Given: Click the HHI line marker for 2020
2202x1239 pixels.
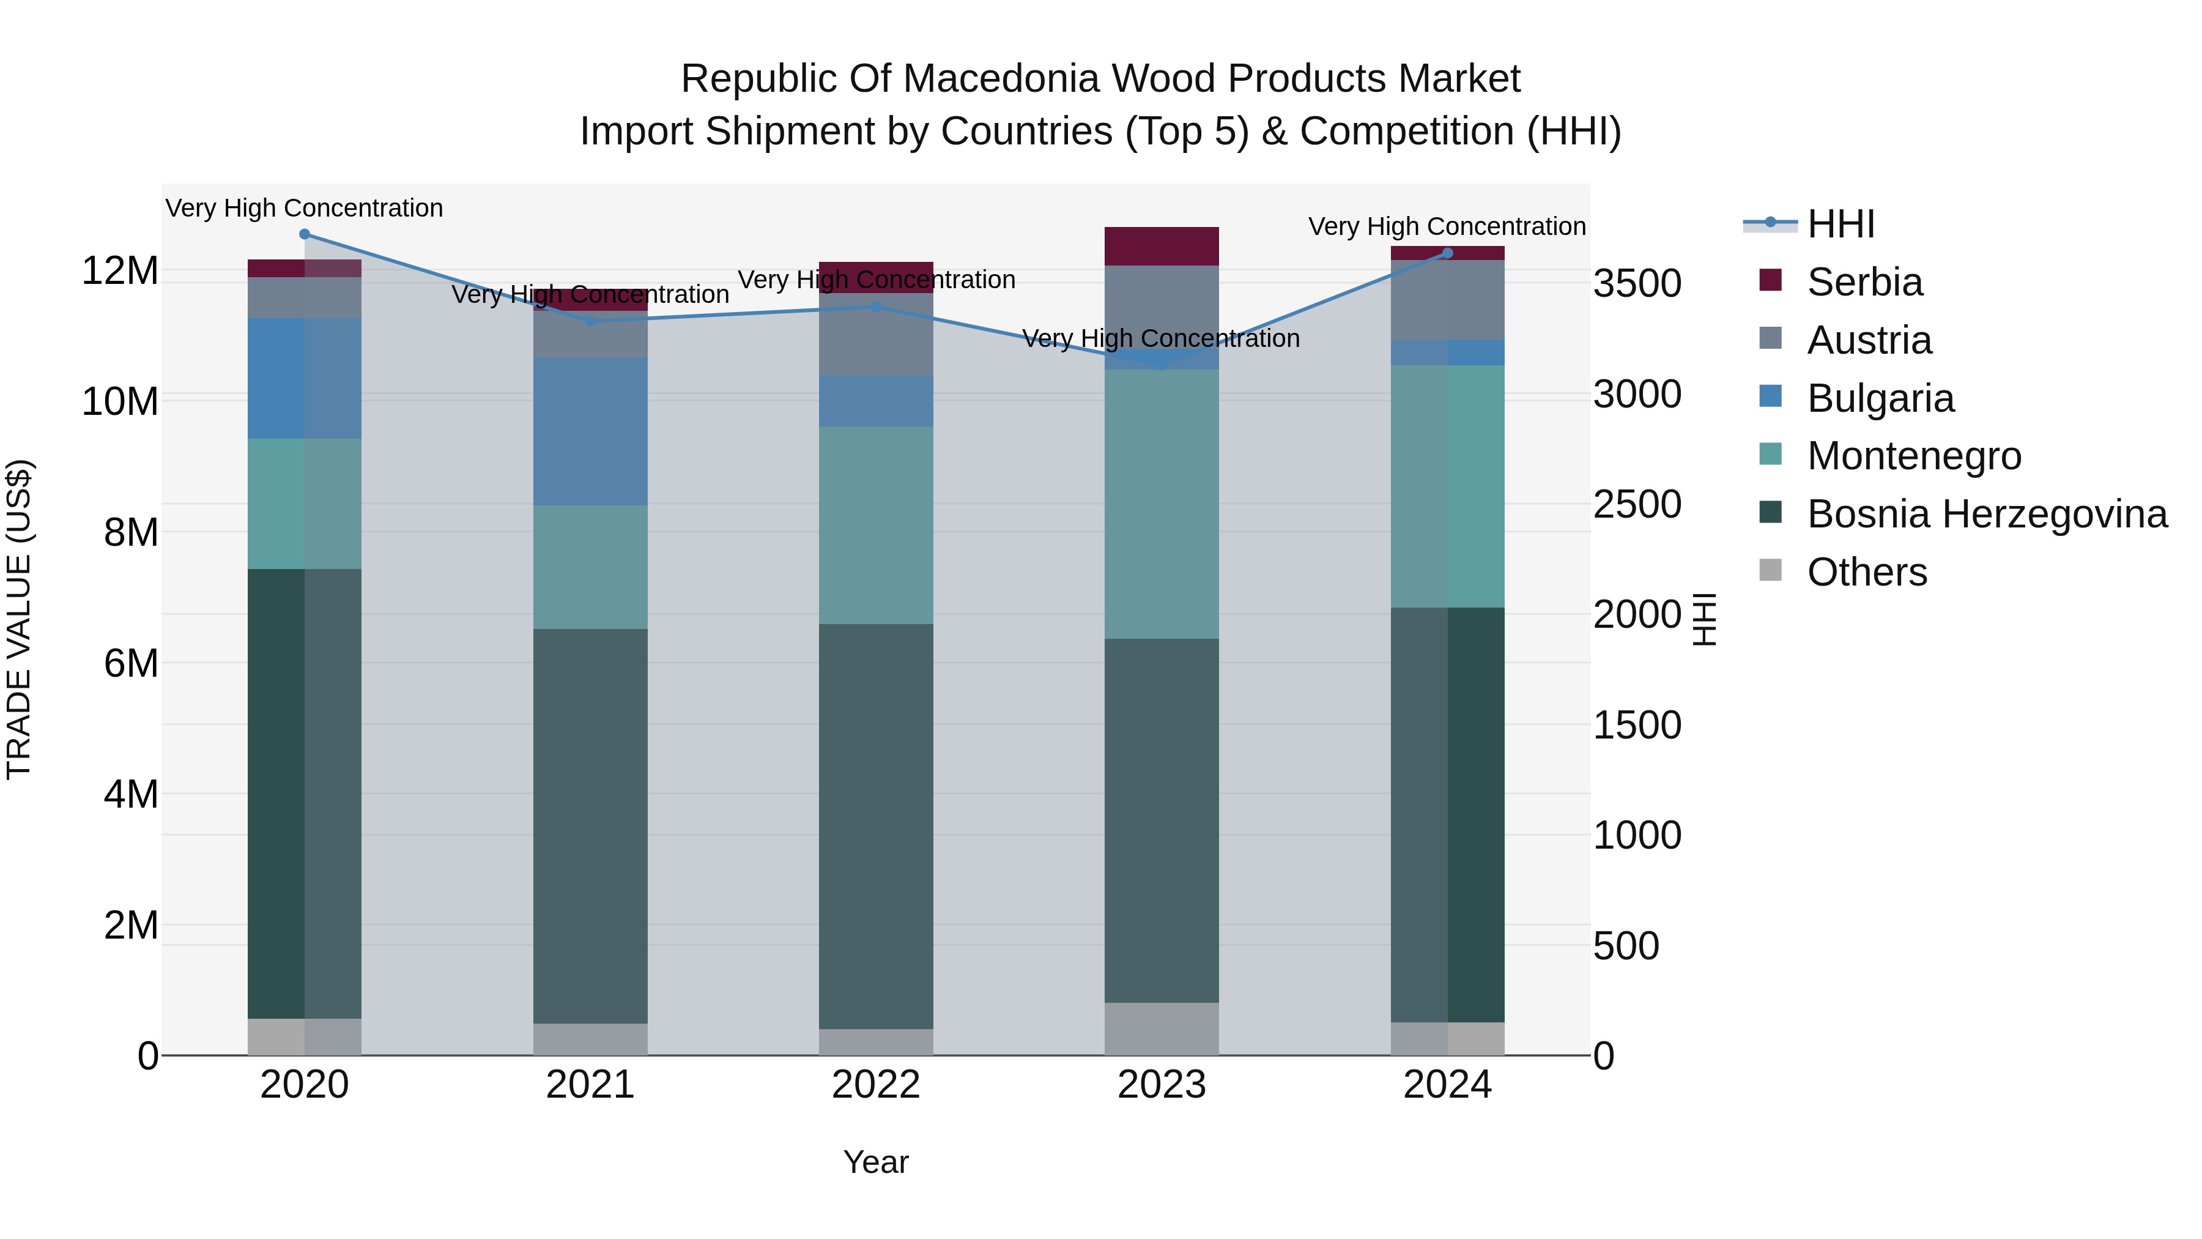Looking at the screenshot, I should (x=305, y=234).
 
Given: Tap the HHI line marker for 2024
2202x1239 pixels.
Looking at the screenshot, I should (x=1447, y=253).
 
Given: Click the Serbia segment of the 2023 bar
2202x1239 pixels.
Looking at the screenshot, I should (x=1162, y=246).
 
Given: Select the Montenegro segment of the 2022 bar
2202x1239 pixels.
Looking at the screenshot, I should (x=876, y=525).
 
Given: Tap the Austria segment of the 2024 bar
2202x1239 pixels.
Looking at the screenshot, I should (x=1447, y=299).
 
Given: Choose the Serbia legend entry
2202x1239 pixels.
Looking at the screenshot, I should (x=1864, y=281).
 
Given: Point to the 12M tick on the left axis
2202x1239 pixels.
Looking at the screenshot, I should (x=120, y=271).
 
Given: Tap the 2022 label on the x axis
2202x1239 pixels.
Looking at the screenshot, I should (x=876, y=1085).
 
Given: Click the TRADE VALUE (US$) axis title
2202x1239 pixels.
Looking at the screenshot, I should (x=19, y=619).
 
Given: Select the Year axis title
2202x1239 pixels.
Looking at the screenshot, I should (x=876, y=1162).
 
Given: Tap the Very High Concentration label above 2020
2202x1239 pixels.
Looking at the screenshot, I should (x=305, y=208).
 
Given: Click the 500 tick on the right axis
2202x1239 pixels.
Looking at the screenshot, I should (x=1626, y=946).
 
